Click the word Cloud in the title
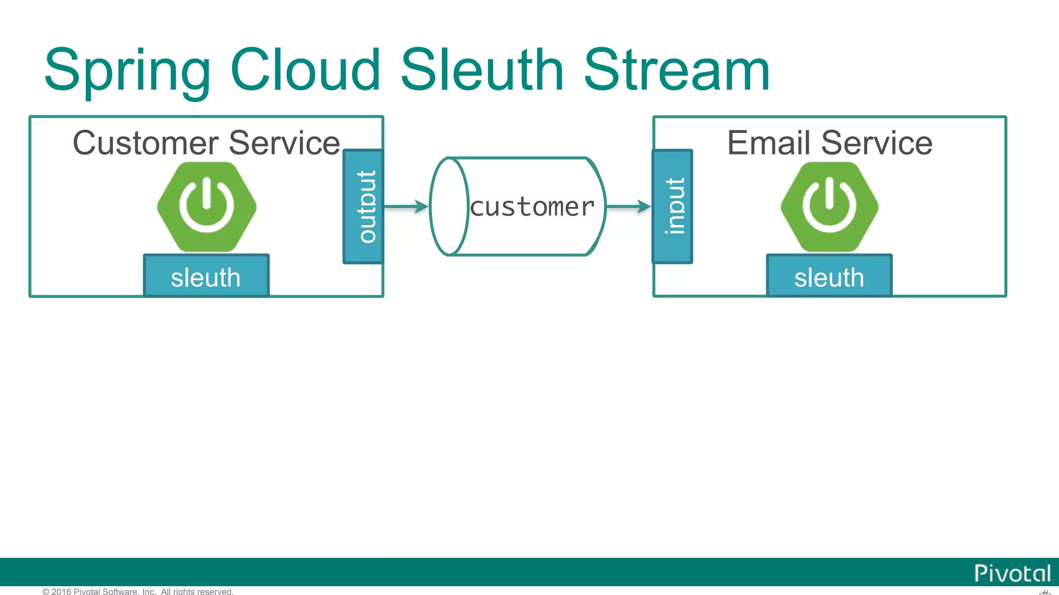coord(305,70)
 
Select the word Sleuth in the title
coord(481,70)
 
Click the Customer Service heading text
coord(206,143)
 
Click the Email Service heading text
coord(829,143)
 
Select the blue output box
coord(364,207)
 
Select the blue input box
coord(672,207)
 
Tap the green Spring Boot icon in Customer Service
coord(207,207)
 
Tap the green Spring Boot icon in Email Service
coord(829,207)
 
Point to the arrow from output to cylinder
coord(406,207)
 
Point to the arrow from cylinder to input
coord(628,207)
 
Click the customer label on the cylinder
coord(533,208)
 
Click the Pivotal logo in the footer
coord(1012,573)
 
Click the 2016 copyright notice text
coord(138,591)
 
